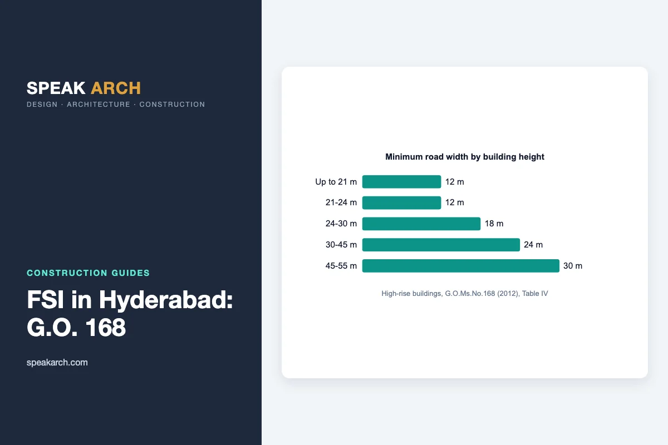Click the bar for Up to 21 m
(401, 182)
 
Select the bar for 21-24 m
(401, 202)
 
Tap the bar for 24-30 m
(421, 224)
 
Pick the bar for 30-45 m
(441, 245)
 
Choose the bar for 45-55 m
(461, 266)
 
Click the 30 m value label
(573, 266)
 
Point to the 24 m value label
(533, 245)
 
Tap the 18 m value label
(494, 224)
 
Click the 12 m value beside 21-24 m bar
(454, 202)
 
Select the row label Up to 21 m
(336, 182)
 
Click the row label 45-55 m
(341, 266)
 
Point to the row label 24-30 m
(341, 224)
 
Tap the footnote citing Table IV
(465, 294)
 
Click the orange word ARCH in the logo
(116, 88)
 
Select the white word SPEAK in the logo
(56, 88)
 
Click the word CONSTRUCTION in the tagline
(172, 105)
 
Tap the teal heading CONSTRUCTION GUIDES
(89, 273)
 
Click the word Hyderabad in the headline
(166, 300)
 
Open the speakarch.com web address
(57, 363)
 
